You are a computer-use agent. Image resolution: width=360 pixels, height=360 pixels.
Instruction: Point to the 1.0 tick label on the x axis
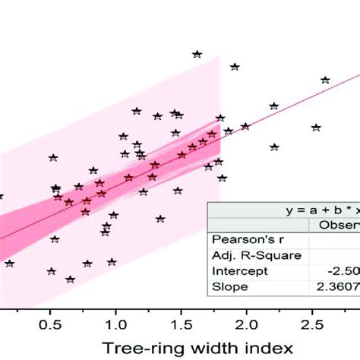115,323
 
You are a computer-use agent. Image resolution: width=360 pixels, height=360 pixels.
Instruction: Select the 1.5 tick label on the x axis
181,323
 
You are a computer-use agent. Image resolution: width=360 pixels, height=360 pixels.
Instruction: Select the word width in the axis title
215,346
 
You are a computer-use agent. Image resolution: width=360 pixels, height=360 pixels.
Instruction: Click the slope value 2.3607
334,286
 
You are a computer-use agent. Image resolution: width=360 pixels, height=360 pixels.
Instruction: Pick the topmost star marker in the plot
197,54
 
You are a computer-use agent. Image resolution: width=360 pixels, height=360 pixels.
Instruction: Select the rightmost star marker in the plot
326,80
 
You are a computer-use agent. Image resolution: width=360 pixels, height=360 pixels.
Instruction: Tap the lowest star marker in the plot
71,279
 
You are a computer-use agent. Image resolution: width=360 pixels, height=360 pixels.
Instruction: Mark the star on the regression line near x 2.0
245,126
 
